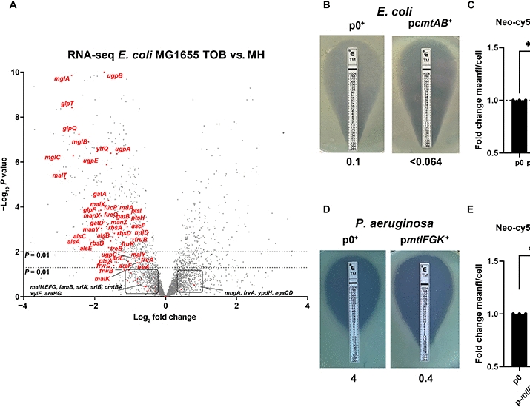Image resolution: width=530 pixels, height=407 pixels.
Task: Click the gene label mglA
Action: coord(62,78)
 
